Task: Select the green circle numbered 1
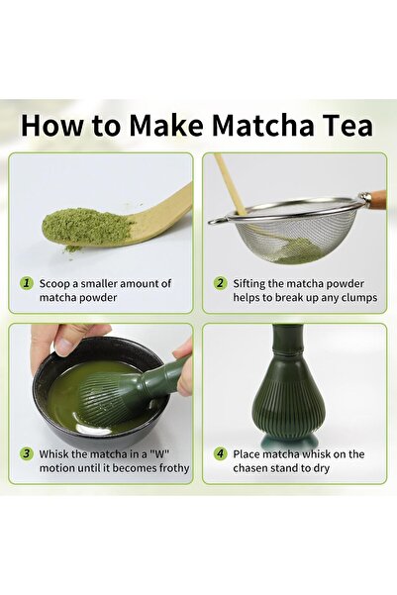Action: [x=27, y=282]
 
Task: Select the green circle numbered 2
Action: [x=220, y=282]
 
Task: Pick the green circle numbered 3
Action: [x=27, y=453]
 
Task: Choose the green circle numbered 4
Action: [x=220, y=453]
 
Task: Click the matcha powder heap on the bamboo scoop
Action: [x=88, y=226]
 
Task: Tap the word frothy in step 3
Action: [x=167, y=468]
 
